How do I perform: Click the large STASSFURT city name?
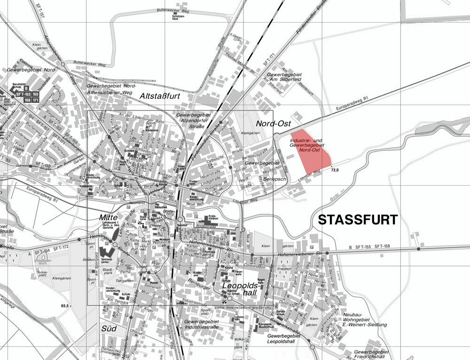click(x=358, y=220)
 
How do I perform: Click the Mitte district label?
click(x=108, y=218)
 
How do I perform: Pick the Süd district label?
click(x=109, y=329)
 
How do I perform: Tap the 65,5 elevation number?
click(x=65, y=306)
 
